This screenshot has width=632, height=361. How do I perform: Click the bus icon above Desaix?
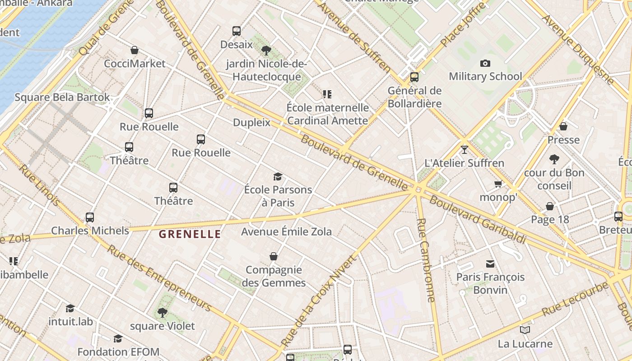click(x=237, y=31)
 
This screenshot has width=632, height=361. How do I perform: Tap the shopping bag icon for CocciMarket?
click(x=135, y=50)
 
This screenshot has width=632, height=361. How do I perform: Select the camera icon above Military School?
click(x=485, y=63)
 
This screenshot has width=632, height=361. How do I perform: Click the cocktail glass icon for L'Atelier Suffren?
click(x=465, y=149)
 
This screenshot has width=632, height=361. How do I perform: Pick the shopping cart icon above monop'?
click(x=498, y=184)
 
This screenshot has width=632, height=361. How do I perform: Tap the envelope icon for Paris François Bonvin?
click(x=490, y=264)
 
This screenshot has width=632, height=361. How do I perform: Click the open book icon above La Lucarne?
click(x=525, y=330)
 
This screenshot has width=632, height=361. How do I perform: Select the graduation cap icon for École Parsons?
click(x=278, y=176)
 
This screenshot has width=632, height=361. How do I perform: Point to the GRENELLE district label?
click(x=190, y=234)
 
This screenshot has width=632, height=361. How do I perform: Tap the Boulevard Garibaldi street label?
click(x=478, y=220)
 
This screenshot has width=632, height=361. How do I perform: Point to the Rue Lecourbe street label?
click(x=575, y=299)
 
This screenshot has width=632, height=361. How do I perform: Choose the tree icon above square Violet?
click(x=163, y=312)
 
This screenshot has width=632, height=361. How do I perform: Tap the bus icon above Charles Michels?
click(x=90, y=218)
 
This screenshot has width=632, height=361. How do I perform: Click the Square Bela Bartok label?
click(x=62, y=97)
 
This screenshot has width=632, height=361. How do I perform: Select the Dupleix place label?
click(x=251, y=122)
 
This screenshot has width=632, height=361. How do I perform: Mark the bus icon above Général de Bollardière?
click(x=414, y=77)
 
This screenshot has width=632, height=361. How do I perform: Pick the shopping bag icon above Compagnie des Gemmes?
click(x=274, y=256)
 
